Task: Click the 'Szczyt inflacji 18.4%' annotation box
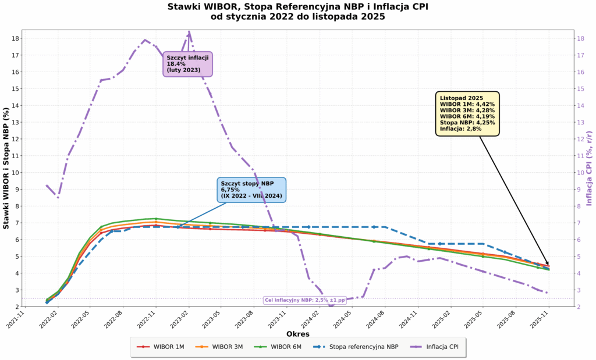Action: point(187,64)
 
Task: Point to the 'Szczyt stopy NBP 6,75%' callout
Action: point(251,190)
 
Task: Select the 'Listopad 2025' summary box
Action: point(467,113)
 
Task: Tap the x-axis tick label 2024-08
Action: point(381,319)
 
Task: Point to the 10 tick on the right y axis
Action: point(581,173)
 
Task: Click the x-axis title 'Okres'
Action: point(297,334)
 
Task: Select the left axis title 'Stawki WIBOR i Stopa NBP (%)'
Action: point(7,167)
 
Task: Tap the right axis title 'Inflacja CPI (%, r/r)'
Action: point(589,167)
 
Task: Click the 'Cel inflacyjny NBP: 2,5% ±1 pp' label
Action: point(304,300)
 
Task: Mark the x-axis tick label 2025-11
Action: point(545,319)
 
